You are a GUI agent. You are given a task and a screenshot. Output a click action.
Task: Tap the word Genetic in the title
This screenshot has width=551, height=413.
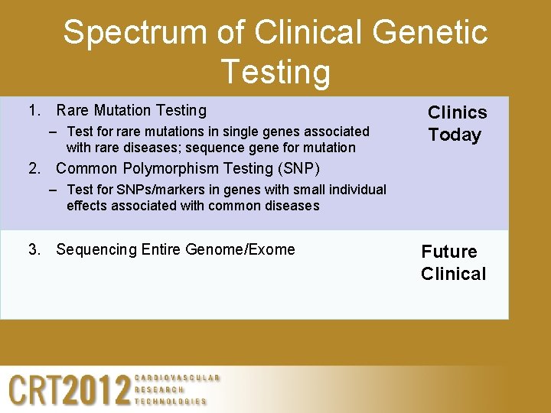[433, 33]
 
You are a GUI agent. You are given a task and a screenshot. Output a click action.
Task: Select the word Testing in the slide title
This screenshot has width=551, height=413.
[275, 73]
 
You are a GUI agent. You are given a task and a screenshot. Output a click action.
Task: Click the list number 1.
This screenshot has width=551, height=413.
[33, 111]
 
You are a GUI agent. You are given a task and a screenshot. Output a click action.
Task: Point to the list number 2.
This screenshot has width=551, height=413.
[33, 168]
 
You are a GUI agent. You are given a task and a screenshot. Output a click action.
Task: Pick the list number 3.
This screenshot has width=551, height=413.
[33, 249]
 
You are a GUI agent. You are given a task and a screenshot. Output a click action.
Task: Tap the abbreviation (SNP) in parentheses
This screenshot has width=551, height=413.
[295, 168]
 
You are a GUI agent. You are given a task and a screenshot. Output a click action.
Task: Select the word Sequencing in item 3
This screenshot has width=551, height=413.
[96, 249]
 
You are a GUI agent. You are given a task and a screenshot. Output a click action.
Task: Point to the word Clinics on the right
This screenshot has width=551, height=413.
[457, 112]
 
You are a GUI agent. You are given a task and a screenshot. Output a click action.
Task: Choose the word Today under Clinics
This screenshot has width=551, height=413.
[455, 135]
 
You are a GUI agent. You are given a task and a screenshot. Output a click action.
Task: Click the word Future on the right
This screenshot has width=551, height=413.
[449, 252]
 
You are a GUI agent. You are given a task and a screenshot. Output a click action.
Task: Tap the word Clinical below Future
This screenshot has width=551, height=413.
[453, 274]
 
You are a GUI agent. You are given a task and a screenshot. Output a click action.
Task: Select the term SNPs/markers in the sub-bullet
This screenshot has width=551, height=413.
[145, 190]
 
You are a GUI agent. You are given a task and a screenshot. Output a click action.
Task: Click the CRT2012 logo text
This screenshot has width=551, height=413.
[70, 390]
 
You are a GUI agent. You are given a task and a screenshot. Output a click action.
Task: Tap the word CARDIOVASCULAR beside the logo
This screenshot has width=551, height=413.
[177, 378]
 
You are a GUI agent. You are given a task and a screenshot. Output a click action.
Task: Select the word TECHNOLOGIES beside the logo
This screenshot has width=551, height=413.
[171, 402]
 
